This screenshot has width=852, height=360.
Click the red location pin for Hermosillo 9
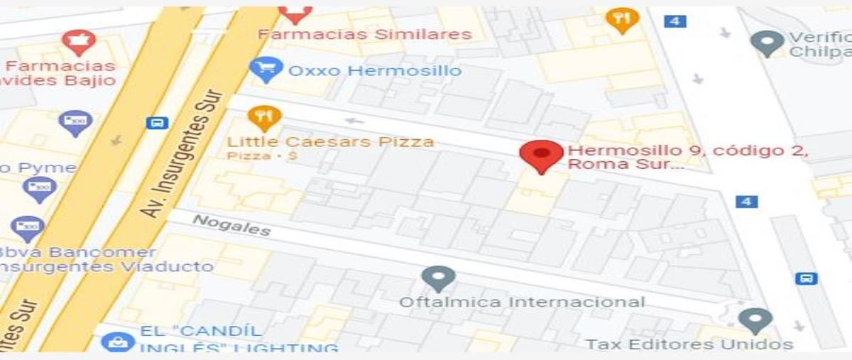pos(542,155)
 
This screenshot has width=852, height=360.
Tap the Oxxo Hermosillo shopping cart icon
pos(267,70)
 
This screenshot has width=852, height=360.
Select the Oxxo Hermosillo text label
pos(374,71)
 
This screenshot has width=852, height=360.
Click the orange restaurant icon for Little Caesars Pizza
pos(263,117)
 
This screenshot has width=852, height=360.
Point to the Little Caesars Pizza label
pos(330,141)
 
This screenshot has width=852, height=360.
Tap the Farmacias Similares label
pos(364,34)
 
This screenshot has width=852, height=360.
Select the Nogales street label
pos(231,225)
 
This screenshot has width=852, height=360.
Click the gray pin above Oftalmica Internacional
pos(438,278)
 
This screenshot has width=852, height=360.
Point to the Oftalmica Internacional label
pos(521,302)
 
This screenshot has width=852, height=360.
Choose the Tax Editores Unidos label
pos(688,344)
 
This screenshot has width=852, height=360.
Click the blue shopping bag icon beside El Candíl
pos(117,342)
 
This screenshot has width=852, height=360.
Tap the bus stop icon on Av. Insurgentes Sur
pos(156,123)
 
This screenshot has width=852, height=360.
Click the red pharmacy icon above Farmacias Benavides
pos(78,42)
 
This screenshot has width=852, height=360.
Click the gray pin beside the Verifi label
pos(767,43)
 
